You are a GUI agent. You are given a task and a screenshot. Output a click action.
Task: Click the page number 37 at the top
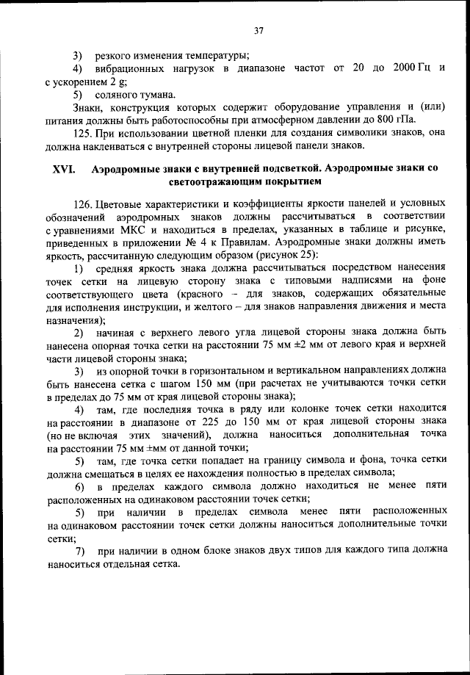[x=258, y=30]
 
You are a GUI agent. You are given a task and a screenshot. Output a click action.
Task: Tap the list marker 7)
[x=81, y=551]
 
